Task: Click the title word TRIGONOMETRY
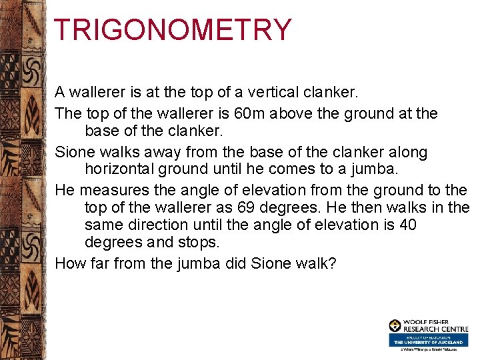pos(172,30)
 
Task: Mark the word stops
pos(200,241)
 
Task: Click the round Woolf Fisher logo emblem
pos(395,326)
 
